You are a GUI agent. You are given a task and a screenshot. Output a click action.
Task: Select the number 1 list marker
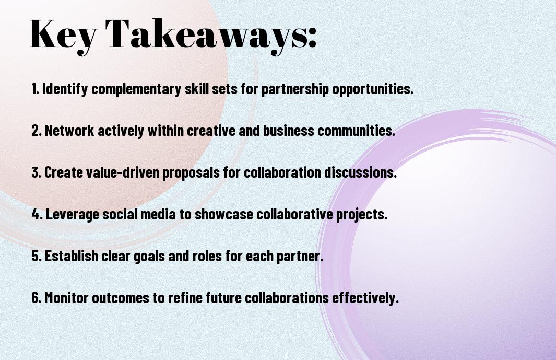click(x=35, y=89)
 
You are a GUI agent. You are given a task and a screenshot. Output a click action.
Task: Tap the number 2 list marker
click(x=37, y=131)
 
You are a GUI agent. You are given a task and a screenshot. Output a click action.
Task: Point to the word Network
click(x=69, y=131)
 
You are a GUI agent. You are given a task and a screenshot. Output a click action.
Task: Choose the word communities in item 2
click(x=356, y=131)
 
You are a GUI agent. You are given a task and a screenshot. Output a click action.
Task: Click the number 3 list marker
click(x=37, y=172)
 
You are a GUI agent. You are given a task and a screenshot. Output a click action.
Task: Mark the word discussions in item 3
click(x=360, y=172)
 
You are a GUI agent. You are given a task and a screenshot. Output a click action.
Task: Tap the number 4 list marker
click(x=37, y=214)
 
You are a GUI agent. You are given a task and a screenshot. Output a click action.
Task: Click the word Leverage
click(x=73, y=215)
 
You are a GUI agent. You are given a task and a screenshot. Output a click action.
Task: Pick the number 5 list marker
click(x=37, y=256)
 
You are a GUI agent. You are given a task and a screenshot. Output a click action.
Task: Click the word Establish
click(x=72, y=256)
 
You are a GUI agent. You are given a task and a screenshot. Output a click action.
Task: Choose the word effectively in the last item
click(x=365, y=298)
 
